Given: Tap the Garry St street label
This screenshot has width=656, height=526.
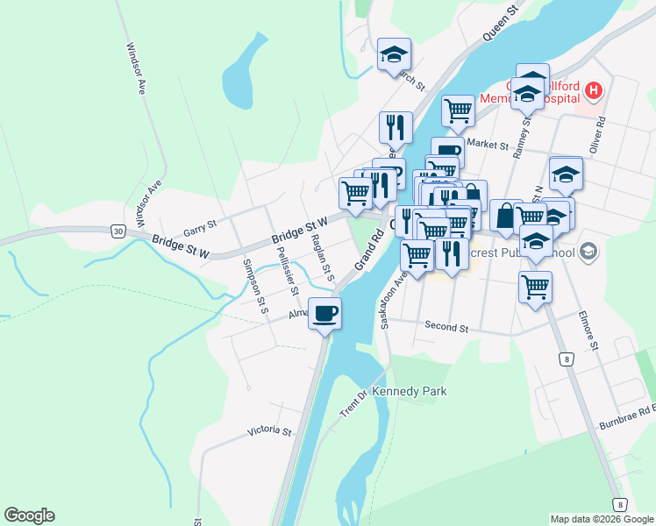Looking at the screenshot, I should click(200, 230).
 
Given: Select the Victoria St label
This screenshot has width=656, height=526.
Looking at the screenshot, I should click(268, 431).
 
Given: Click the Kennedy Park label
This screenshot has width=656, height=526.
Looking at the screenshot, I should click(410, 391).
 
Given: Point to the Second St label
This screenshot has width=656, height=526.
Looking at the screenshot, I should click(446, 327).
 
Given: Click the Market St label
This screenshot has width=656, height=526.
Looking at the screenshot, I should click(488, 144).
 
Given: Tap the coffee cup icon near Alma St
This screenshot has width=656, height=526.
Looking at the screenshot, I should click(324, 314).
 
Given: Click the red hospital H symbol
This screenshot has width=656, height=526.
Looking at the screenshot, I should click(595, 90).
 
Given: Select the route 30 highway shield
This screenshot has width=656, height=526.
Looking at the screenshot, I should click(118, 231).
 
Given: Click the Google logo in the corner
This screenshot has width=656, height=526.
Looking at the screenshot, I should click(29, 515).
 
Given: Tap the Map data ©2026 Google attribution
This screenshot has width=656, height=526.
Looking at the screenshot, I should click(601, 519).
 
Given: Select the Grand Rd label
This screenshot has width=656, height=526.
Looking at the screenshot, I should click(370, 250).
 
